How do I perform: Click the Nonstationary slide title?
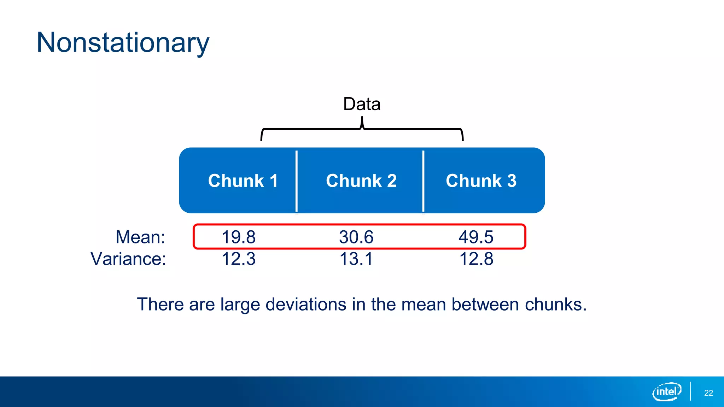click(x=123, y=42)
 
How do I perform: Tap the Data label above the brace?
click(x=362, y=104)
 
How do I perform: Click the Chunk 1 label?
click(x=243, y=181)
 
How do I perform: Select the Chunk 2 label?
click(x=361, y=181)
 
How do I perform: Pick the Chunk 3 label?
click(x=481, y=181)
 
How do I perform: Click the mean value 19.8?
click(x=238, y=237)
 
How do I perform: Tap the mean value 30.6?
click(x=356, y=237)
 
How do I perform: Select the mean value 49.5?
click(x=476, y=237)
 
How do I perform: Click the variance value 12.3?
click(x=238, y=259)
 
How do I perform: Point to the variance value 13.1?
click(x=356, y=259)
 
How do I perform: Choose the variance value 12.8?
click(x=476, y=259)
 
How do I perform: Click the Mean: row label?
click(x=140, y=237)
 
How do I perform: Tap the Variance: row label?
click(x=128, y=259)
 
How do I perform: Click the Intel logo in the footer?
click(x=666, y=391)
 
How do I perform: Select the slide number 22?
click(x=708, y=393)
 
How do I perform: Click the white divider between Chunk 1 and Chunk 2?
click(x=296, y=181)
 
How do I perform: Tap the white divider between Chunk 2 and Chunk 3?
click(x=423, y=181)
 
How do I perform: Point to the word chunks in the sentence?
click(x=555, y=304)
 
